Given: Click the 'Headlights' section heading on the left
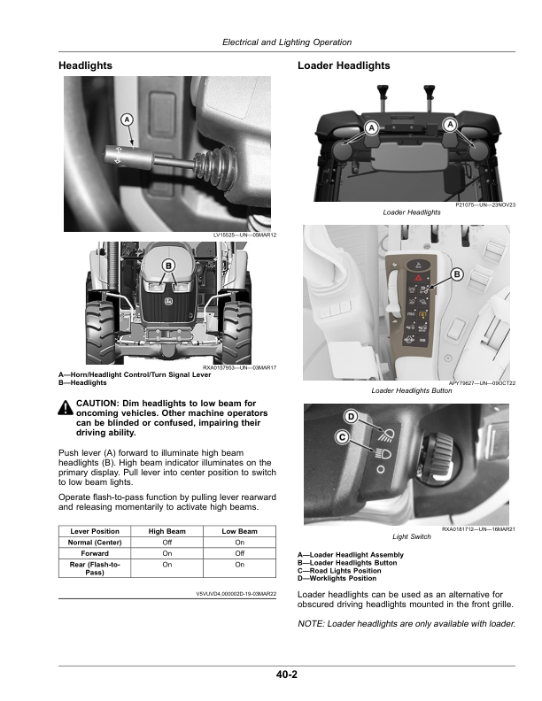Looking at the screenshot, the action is (85, 65).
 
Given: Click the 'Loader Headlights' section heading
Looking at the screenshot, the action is (344, 65).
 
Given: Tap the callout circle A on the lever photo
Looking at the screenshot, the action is (127, 119).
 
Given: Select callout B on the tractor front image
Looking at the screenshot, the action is (168, 266).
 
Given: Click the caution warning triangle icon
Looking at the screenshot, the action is (66, 407).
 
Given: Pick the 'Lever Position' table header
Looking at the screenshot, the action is (95, 531).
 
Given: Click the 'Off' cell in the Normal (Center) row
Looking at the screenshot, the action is (166, 543).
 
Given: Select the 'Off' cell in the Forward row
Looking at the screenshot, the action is (240, 553).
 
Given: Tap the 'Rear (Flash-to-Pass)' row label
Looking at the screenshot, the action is (95, 568).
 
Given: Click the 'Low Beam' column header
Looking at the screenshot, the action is (240, 531).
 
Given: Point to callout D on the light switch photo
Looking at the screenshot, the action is (351, 417).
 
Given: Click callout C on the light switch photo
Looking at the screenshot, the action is (342, 436).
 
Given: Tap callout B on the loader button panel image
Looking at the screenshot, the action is (457, 274).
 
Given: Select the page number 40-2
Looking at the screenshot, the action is (287, 674).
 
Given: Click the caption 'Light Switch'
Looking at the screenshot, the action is (412, 536).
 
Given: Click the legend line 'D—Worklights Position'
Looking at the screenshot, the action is (337, 579).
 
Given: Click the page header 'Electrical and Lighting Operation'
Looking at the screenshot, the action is (287, 42).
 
